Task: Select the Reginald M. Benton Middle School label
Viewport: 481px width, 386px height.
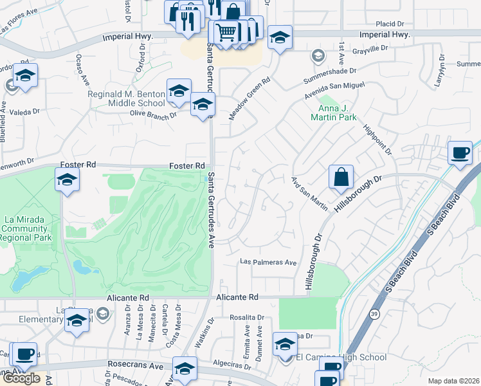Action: [127, 98]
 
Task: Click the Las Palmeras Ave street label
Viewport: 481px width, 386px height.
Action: [268, 262]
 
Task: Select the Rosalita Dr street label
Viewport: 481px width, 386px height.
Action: [247, 318]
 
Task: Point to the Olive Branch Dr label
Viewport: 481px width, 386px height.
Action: [154, 116]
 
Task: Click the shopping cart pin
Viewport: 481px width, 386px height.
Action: [225, 32]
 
